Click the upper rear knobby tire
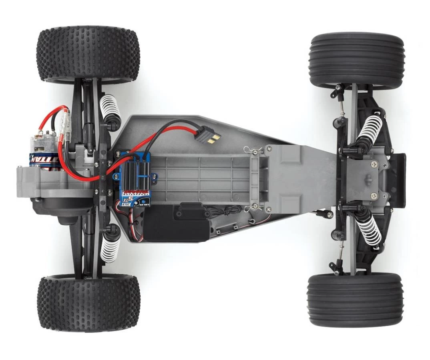pos(88,54)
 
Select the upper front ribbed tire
pos(356,60)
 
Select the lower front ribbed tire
pos(355,300)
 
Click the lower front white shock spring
pos(369,230)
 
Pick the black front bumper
pos(399,180)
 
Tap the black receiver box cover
pos(176,224)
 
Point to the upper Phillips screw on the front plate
pos(373,164)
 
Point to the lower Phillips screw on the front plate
pos(373,196)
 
